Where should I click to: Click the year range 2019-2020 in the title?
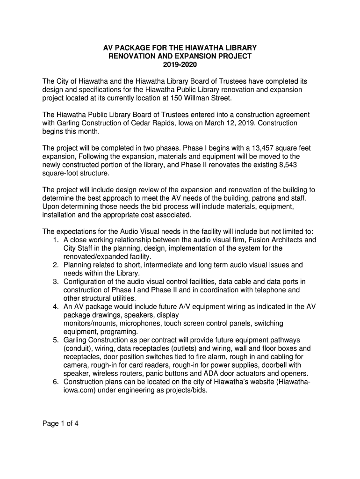(180, 65)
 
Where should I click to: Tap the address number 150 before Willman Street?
(183, 98)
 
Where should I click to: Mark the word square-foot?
(61, 173)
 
